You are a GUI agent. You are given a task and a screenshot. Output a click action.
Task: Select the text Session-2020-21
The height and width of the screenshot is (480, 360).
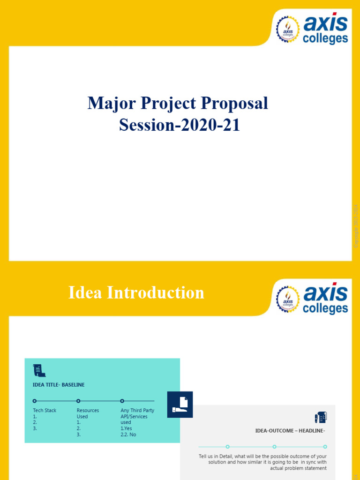(180, 125)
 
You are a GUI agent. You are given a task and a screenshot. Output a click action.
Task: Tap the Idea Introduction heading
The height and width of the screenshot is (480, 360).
(136, 292)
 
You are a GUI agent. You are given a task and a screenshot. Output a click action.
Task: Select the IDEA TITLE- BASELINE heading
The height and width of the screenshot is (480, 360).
(59, 385)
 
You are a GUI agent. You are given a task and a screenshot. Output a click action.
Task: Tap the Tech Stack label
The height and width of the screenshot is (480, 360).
(45, 410)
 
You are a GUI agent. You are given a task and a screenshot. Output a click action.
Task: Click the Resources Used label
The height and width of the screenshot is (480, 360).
(88, 413)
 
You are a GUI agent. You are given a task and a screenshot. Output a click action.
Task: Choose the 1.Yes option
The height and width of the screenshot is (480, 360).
(126, 428)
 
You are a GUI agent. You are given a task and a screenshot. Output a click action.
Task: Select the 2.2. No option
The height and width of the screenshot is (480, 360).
(128, 435)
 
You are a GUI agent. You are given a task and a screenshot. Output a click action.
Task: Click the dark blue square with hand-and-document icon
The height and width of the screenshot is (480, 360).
(180, 404)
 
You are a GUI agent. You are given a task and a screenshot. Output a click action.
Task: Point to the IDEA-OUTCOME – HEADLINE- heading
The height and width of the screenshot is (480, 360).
(290, 430)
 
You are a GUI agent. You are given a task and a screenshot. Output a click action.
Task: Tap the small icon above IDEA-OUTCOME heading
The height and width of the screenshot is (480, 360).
(321, 417)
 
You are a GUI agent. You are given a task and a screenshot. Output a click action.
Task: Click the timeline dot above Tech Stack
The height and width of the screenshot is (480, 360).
(35, 401)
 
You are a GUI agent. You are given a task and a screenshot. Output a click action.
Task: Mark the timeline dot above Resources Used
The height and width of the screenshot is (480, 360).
(78, 401)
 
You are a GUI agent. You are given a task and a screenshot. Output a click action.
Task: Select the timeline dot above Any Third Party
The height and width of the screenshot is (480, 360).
(122, 401)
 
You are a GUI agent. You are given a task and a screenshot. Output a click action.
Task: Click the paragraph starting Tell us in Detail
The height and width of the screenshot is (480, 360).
(262, 462)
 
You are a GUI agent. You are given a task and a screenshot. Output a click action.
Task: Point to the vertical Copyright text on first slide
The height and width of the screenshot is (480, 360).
(356, 225)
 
